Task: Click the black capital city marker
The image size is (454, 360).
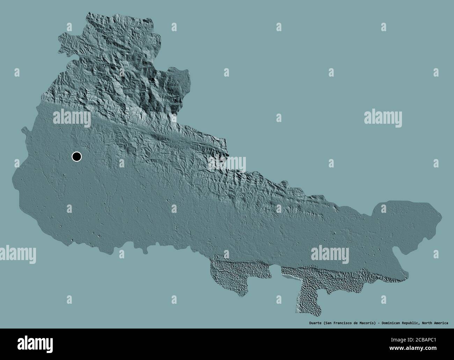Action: [x=76, y=157]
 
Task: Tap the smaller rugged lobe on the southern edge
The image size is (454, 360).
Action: [x=230, y=276]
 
